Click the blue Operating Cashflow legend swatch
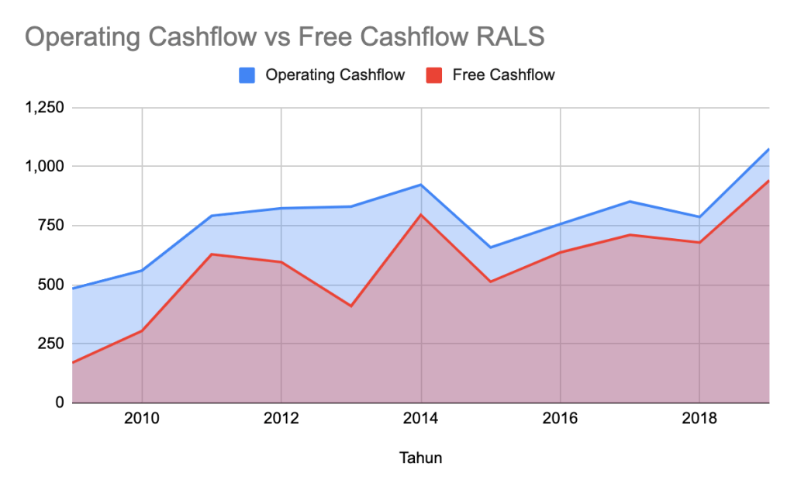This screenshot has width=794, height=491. (247, 75)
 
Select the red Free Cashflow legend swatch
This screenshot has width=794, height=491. (434, 75)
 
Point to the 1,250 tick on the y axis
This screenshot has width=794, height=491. (44, 108)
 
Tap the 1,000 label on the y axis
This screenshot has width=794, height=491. (44, 167)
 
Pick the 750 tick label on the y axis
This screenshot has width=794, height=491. (51, 226)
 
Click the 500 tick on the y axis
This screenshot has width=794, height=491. (51, 285)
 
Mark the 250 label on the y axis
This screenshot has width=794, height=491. (51, 344)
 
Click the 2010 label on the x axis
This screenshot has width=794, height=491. (142, 420)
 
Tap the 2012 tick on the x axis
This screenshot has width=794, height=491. (281, 420)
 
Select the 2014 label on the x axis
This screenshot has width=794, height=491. (421, 420)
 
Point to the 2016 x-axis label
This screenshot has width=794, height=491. (561, 420)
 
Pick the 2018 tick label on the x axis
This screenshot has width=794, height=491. (700, 420)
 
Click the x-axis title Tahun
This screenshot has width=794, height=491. (421, 458)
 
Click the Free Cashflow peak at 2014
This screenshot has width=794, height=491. (421, 215)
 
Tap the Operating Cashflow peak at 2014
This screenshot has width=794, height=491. (421, 185)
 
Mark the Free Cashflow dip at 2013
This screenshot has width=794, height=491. (351, 306)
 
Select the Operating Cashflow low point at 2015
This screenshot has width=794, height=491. (491, 247)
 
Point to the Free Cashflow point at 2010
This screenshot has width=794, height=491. (142, 330)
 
